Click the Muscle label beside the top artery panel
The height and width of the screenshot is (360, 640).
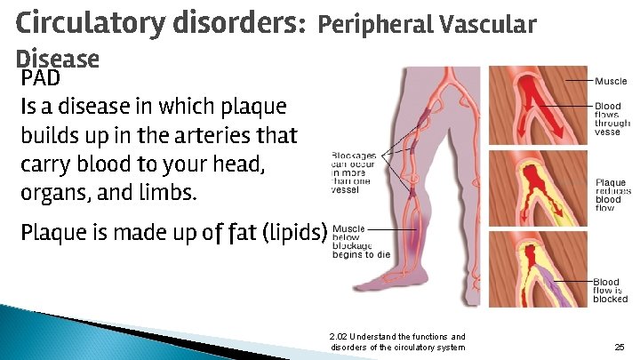point(611,81)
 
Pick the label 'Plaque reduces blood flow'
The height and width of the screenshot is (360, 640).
point(612,196)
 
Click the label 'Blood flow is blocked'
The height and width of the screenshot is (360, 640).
point(611,291)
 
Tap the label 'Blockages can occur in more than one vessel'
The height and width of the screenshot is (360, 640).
point(354,172)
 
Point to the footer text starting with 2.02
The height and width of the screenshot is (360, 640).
point(396,341)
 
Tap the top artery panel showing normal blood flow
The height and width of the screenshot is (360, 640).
point(539,105)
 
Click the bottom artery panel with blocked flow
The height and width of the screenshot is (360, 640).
point(539,267)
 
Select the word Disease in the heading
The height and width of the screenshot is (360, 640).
point(58,59)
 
